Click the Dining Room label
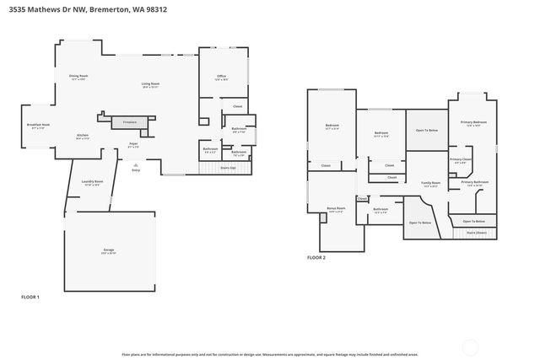coord(78,77)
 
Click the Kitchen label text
coord(83,136)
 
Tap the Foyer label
coord(133,144)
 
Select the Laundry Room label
coord(92,182)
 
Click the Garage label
coord(109,251)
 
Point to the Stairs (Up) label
coord(228,168)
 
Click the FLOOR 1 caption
coord(30,297)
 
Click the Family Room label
coord(430,184)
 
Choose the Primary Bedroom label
coord(473,123)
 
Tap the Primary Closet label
coord(461,159)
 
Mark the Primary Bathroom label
coord(475,182)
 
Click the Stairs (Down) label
coord(476,232)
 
